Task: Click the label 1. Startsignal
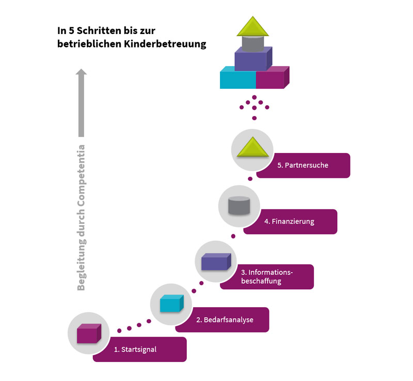135,350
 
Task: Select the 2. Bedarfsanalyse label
225,320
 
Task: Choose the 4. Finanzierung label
289,222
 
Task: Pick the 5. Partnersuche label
303,165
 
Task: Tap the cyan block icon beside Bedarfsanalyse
171,304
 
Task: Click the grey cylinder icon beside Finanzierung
239,206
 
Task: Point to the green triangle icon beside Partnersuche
252,149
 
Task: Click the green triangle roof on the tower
254,26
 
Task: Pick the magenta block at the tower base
272,79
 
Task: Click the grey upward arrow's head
81,73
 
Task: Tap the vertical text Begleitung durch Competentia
81,217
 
